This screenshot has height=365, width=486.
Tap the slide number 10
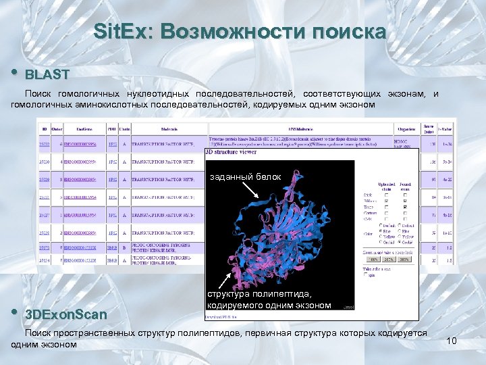coord(452,341)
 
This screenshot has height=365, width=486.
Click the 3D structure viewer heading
coord(231,153)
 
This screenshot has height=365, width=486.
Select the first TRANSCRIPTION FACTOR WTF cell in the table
coord(161,144)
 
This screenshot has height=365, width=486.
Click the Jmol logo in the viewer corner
coord(347,306)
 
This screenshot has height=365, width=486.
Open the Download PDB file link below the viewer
coord(223,315)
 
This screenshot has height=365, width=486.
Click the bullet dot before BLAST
coord(16,72)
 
